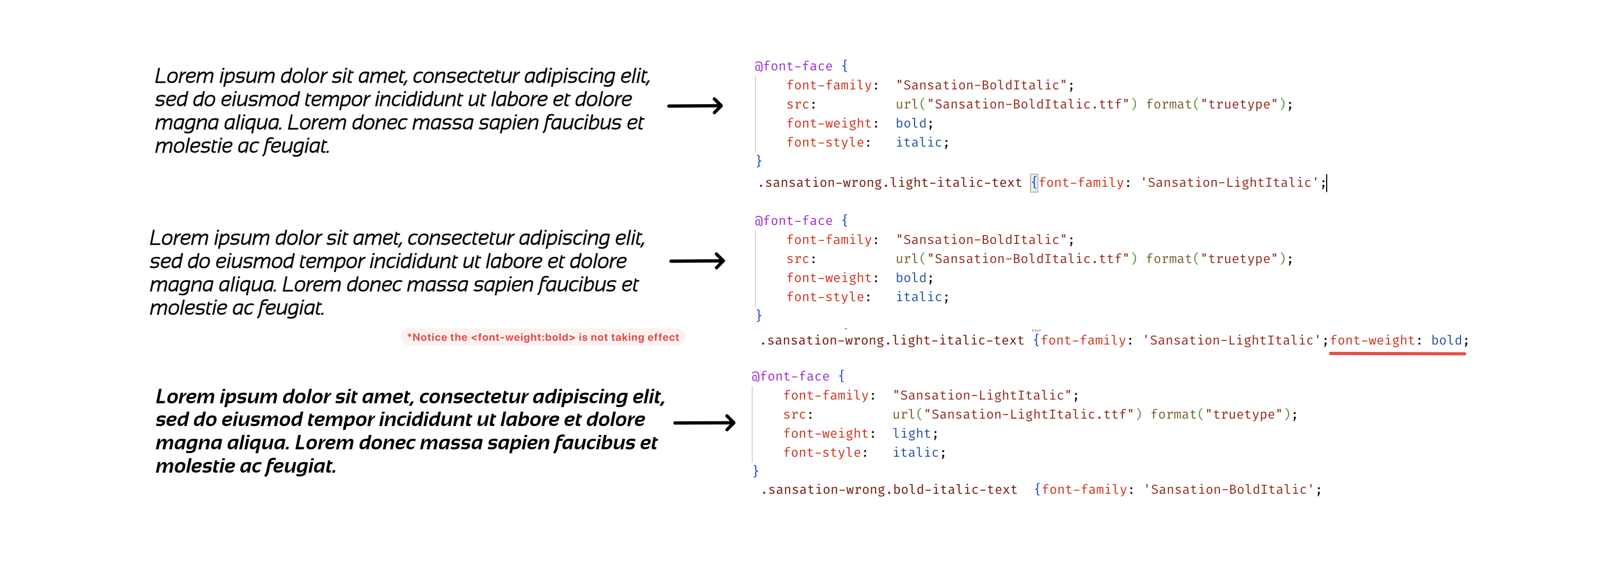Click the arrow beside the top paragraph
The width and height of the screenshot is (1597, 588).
click(695, 105)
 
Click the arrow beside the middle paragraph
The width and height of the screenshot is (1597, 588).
click(697, 260)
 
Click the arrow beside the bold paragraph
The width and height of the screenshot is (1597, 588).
click(704, 422)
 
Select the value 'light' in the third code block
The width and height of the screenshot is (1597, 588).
click(911, 433)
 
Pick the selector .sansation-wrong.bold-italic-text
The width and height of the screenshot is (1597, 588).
click(889, 490)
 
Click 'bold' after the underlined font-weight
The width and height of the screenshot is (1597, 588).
click(1446, 340)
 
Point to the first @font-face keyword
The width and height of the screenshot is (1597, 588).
click(793, 66)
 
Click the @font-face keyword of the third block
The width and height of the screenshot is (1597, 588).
click(790, 376)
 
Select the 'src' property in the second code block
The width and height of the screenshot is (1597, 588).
click(797, 259)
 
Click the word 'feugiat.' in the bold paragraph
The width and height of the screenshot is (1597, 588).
click(300, 466)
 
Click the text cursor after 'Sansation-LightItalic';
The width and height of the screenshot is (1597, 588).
click(1326, 183)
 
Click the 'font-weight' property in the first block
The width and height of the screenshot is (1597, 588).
click(828, 123)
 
